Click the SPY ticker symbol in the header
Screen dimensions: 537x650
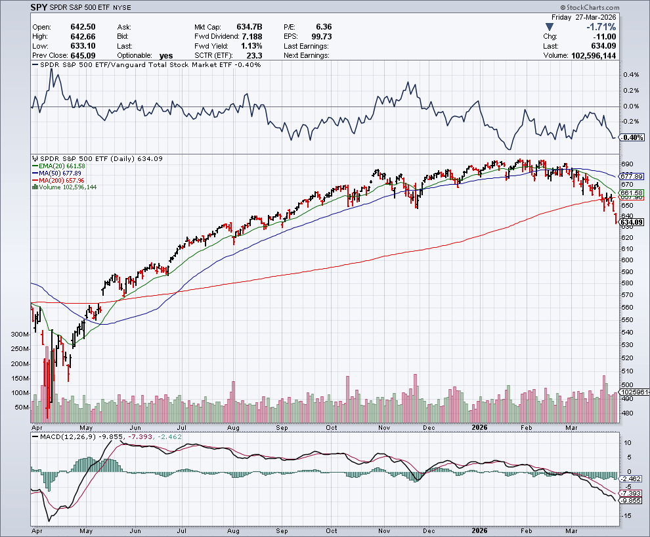39,7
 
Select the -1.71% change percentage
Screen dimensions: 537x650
601,27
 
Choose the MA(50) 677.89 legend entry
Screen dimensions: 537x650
60,173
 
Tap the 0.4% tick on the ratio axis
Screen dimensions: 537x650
630,75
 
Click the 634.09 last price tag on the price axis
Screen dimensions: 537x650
631,222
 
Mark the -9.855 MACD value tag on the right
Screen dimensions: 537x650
631,500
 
